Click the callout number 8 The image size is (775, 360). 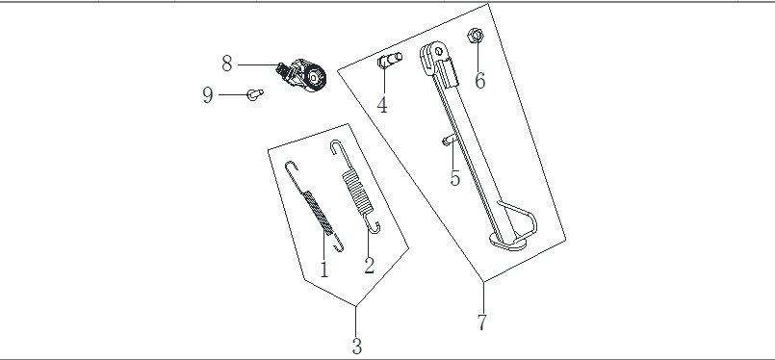[227, 64]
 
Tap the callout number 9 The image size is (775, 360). [208, 94]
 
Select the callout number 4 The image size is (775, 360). [382, 105]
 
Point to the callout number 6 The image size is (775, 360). [480, 80]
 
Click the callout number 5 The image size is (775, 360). [455, 177]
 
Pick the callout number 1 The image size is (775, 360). [324, 270]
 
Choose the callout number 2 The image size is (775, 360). [370, 265]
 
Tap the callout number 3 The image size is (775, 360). [357, 346]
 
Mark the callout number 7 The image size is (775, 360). [482, 321]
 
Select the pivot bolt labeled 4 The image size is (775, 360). [390, 61]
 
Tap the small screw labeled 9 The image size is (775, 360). [255, 94]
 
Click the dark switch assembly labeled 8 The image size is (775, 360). [302, 76]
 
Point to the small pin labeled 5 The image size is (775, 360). [448, 141]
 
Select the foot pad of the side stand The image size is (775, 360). [508, 242]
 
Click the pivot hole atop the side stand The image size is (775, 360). [438, 51]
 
